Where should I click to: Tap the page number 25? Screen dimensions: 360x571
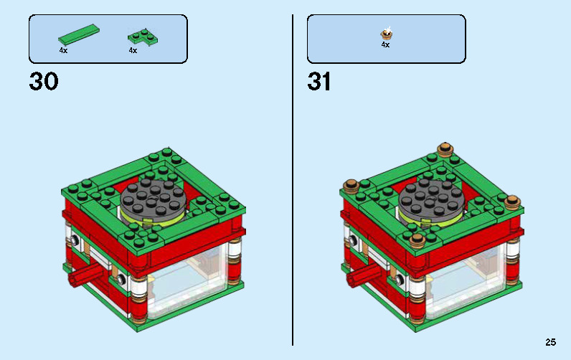550,342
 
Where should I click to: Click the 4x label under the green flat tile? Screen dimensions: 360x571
63,51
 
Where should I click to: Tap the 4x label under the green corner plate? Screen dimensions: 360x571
133,51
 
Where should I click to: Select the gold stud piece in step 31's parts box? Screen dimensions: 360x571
386,32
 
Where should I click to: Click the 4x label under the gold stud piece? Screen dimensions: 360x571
385,44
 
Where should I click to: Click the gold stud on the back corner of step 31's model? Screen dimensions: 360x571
445,148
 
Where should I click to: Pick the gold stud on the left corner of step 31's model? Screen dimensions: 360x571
352,186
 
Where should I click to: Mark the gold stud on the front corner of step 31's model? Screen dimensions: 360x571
417,238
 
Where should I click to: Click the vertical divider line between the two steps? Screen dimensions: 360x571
293,179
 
